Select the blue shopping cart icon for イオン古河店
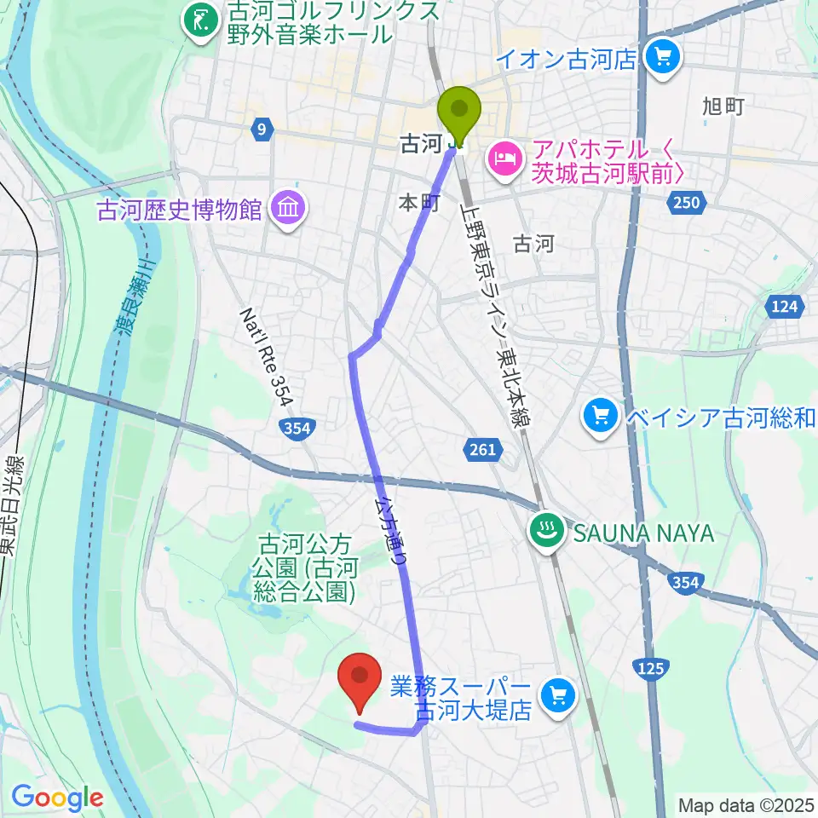(663, 58)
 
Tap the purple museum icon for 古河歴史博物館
(288, 208)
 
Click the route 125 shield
(649, 670)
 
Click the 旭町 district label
(723, 106)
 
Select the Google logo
(58, 798)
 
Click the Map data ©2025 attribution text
(746, 804)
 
